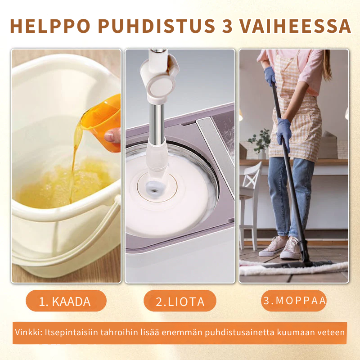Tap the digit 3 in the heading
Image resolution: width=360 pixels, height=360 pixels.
227,26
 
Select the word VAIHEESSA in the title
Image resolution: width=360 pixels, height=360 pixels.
296,26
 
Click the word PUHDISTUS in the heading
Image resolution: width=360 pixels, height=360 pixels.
156,26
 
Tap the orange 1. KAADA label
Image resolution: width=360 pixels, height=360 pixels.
66,301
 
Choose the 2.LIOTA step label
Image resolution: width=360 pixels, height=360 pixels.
180,301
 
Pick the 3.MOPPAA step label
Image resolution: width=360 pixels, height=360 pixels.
294,300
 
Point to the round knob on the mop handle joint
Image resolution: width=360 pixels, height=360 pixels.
159,87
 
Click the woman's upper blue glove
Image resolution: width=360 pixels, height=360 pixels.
270,76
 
